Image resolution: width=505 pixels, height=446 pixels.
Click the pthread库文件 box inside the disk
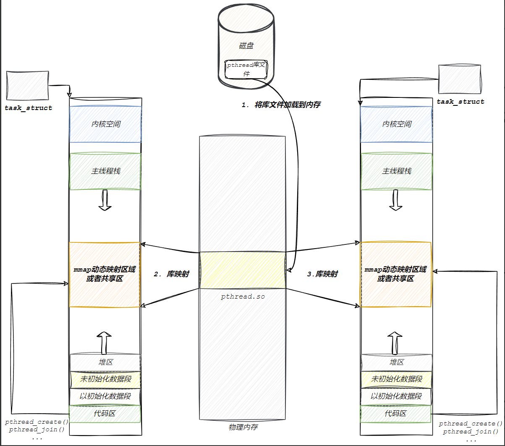[246, 69]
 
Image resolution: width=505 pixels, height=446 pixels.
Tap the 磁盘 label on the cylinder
[246, 46]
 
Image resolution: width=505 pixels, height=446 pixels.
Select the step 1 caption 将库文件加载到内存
[281, 105]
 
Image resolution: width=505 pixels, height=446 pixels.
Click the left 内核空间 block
[105, 124]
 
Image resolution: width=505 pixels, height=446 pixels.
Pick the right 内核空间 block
[396, 124]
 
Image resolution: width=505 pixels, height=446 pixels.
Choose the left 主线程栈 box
[105, 171]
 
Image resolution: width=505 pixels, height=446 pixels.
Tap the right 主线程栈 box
[396, 171]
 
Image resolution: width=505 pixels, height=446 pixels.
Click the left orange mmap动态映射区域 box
[105, 274]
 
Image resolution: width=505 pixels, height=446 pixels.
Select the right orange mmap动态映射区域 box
[396, 274]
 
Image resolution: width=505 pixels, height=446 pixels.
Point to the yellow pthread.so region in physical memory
[242, 270]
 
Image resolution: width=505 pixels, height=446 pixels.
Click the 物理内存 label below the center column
[243, 427]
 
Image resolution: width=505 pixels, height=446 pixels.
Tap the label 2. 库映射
[171, 274]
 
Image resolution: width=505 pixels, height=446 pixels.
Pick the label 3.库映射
[322, 274]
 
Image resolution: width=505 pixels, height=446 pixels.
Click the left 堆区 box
[105, 362]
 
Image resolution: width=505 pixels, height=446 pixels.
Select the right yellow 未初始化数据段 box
[396, 379]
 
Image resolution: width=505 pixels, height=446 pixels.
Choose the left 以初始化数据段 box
[105, 396]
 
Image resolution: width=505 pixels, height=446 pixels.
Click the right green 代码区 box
[396, 414]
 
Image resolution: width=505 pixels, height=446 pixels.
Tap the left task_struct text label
[29, 108]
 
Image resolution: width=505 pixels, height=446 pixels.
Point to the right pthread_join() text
[471, 432]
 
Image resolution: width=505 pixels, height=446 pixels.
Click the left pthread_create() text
[37, 422]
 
